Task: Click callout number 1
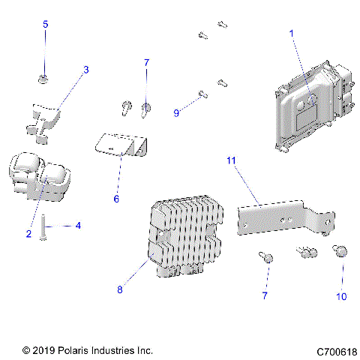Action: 292,33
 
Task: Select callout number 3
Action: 85,70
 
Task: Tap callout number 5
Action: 45,25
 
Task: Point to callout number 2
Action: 28,234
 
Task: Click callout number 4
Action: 78,224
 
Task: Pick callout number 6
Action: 116,199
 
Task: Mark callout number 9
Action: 176,112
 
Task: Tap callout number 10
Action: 341,296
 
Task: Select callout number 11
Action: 231,160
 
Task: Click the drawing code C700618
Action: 337,350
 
